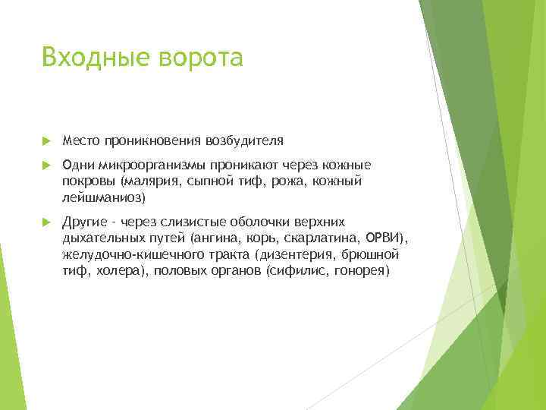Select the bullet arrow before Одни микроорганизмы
(46, 165)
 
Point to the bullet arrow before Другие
(46, 222)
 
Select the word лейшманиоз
(101, 197)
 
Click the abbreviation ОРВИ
(388, 238)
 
